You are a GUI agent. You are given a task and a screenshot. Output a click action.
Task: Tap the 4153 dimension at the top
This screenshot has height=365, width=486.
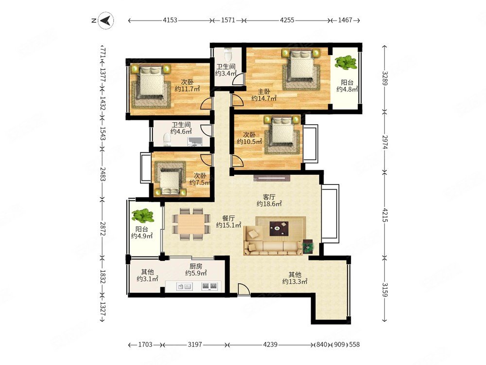[170, 20]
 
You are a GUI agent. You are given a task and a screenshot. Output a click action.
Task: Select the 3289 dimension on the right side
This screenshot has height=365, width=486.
[384, 78]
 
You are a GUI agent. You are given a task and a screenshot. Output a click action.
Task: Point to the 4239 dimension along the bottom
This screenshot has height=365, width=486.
[270, 344]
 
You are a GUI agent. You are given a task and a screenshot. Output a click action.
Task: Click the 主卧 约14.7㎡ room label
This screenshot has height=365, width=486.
[264, 95]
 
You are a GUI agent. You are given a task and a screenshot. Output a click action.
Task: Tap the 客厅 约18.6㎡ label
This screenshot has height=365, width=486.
[269, 200]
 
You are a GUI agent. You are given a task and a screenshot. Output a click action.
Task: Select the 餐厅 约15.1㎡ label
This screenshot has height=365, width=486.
[228, 221]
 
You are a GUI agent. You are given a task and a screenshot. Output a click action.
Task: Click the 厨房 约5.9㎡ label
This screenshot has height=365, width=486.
[196, 270]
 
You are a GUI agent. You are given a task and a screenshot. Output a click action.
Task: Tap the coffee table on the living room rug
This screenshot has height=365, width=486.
[278, 228]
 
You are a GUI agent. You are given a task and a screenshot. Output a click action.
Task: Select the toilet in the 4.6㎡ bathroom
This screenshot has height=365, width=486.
[167, 139]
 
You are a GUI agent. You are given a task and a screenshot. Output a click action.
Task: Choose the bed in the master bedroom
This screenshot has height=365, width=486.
[301, 69]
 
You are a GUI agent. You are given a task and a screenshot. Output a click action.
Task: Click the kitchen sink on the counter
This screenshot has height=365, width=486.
[184, 287]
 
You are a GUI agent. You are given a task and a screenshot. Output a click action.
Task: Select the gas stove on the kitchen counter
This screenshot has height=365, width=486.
[209, 286]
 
